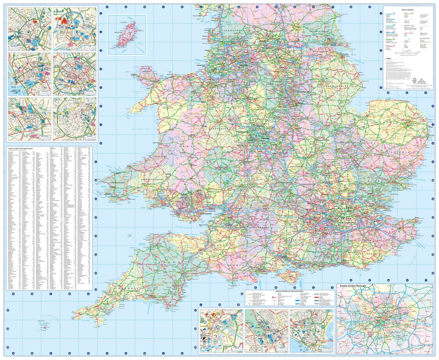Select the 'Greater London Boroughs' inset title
coord(356,285)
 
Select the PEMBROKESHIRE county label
coord(114,183)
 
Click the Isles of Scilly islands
coord(45,327)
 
